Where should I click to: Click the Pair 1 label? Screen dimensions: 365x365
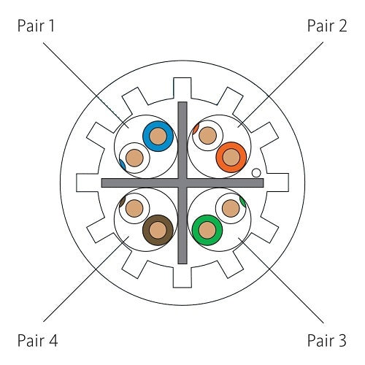36,26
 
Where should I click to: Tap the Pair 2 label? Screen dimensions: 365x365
327,26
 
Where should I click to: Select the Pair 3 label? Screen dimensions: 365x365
327,340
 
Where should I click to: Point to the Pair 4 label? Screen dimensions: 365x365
37,340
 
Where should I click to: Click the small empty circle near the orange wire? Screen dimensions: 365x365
256,173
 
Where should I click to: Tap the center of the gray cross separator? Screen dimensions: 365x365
182,182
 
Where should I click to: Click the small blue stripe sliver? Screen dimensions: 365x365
123,165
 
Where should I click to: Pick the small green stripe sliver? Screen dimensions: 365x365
242,201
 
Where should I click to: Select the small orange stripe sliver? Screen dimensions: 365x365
196,128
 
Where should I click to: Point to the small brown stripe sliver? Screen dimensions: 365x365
122,201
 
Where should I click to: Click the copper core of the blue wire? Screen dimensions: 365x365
158,137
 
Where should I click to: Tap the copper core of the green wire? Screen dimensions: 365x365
207,230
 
